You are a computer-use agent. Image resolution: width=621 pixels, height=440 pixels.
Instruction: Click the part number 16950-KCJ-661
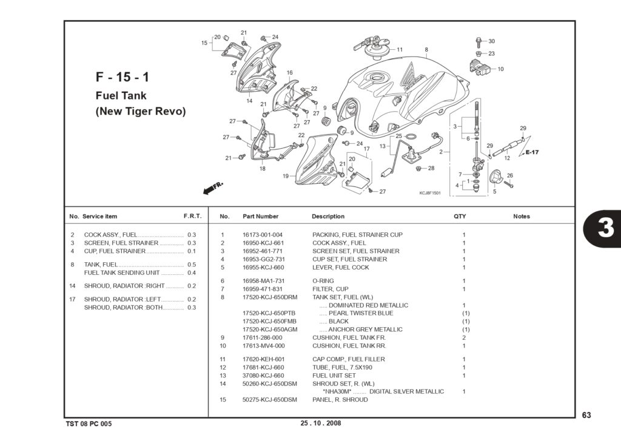(x=263, y=243)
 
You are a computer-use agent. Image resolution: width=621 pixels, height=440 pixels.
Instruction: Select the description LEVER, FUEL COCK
(x=340, y=268)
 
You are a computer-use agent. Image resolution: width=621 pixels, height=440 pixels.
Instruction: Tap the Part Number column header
(x=260, y=217)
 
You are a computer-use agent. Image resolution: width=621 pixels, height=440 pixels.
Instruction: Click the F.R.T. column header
(x=192, y=216)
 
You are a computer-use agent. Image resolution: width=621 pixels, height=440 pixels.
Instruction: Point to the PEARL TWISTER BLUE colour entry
(x=361, y=313)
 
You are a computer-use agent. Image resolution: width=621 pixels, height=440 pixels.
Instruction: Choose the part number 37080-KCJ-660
(x=263, y=376)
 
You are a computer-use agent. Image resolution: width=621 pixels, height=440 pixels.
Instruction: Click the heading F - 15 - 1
(x=123, y=77)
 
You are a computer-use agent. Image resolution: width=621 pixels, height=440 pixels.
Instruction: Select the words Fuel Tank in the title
(x=121, y=95)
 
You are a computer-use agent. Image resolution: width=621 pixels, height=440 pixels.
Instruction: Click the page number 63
(x=586, y=415)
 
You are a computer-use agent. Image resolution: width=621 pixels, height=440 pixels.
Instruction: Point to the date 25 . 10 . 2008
(x=321, y=423)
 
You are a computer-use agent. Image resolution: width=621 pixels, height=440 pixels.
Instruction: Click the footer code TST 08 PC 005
(x=89, y=424)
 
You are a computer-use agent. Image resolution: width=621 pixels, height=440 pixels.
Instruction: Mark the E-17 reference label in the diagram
(x=532, y=152)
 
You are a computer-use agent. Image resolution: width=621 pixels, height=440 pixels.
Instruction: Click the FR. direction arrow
(x=213, y=189)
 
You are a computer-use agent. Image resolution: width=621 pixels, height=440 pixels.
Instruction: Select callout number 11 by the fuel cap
(x=400, y=50)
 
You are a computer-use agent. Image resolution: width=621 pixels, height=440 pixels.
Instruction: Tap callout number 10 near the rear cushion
(x=500, y=69)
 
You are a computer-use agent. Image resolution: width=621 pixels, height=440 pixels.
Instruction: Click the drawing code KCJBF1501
(x=430, y=193)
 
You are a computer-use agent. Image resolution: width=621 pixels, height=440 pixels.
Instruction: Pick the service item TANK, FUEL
(x=101, y=265)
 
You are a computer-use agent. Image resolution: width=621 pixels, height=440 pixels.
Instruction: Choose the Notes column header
(x=521, y=217)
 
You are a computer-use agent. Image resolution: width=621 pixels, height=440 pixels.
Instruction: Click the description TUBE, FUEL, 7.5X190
(x=342, y=367)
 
